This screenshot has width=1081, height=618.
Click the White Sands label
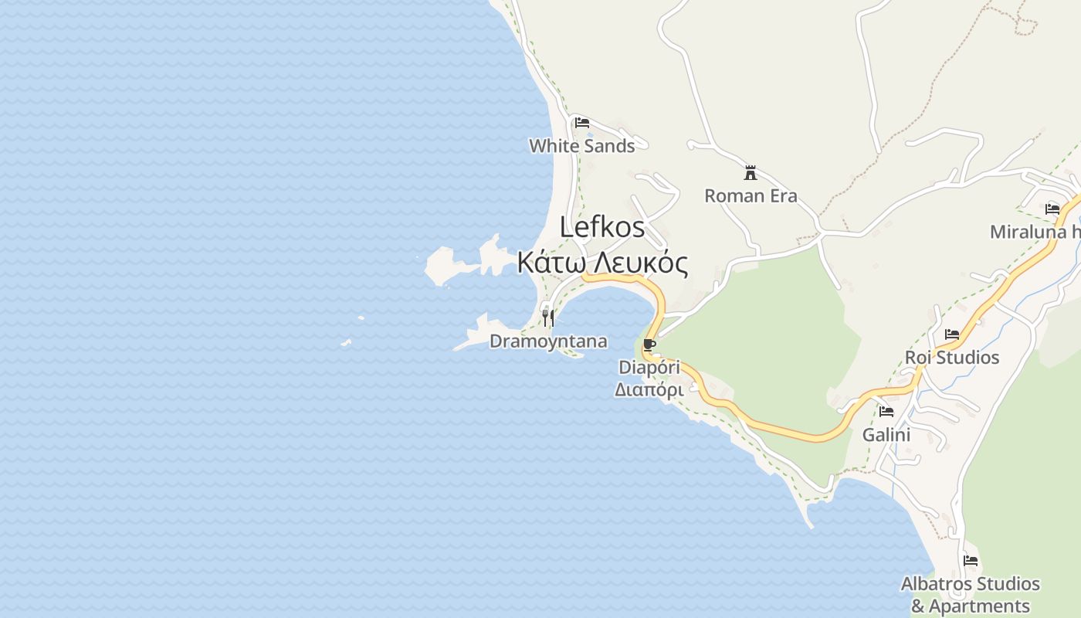pos(581,146)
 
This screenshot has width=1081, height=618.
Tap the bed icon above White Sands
pos(582,123)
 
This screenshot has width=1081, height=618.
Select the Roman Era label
pos(751,196)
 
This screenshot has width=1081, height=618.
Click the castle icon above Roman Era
pos(751,172)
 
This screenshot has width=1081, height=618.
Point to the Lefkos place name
pos(602,227)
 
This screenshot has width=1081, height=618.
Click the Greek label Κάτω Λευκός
pos(602,263)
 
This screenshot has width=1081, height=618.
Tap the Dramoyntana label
pos(548,341)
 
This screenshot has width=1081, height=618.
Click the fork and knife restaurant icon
pos(548,317)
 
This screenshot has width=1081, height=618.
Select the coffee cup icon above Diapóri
pos(649,345)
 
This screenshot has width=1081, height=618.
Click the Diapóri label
pos(649,368)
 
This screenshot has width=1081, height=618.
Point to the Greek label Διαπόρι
pos(649,390)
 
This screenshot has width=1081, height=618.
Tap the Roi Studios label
pos(952,358)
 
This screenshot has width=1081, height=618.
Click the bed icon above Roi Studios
pos(952,334)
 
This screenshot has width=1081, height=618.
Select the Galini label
pos(886,435)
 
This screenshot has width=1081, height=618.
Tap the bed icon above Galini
pos(886,412)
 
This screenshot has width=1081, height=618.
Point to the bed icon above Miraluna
pos(1052,209)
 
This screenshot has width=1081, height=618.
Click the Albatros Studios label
pos(971,584)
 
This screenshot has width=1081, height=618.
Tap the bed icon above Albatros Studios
pos(971,561)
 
